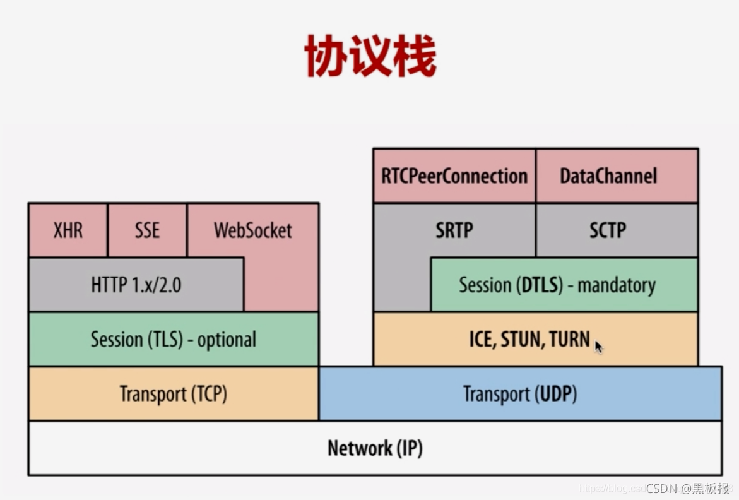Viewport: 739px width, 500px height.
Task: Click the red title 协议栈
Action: click(x=370, y=56)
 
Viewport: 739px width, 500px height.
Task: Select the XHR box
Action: click(x=68, y=230)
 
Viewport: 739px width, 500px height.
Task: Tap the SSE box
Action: click(x=147, y=230)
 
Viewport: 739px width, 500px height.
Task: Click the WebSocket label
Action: click(x=252, y=230)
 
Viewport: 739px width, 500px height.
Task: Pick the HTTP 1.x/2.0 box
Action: click(x=136, y=285)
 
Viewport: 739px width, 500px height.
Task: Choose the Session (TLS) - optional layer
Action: click(x=173, y=339)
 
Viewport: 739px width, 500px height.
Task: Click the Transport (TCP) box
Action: click(x=173, y=394)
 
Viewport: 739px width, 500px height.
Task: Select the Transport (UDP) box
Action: click(x=520, y=394)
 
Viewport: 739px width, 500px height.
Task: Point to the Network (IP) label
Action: click(x=375, y=448)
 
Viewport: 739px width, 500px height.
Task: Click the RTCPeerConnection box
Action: click(x=454, y=176)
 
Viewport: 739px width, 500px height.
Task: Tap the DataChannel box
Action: click(x=608, y=176)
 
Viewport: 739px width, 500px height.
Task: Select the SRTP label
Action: click(x=454, y=230)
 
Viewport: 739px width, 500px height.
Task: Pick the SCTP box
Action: click(x=607, y=230)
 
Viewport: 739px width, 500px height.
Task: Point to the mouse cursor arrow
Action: click(x=598, y=346)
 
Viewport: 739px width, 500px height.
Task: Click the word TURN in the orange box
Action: click(x=569, y=340)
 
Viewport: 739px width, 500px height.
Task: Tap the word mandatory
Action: click(x=617, y=285)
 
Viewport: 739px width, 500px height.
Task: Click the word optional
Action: click(x=227, y=340)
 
